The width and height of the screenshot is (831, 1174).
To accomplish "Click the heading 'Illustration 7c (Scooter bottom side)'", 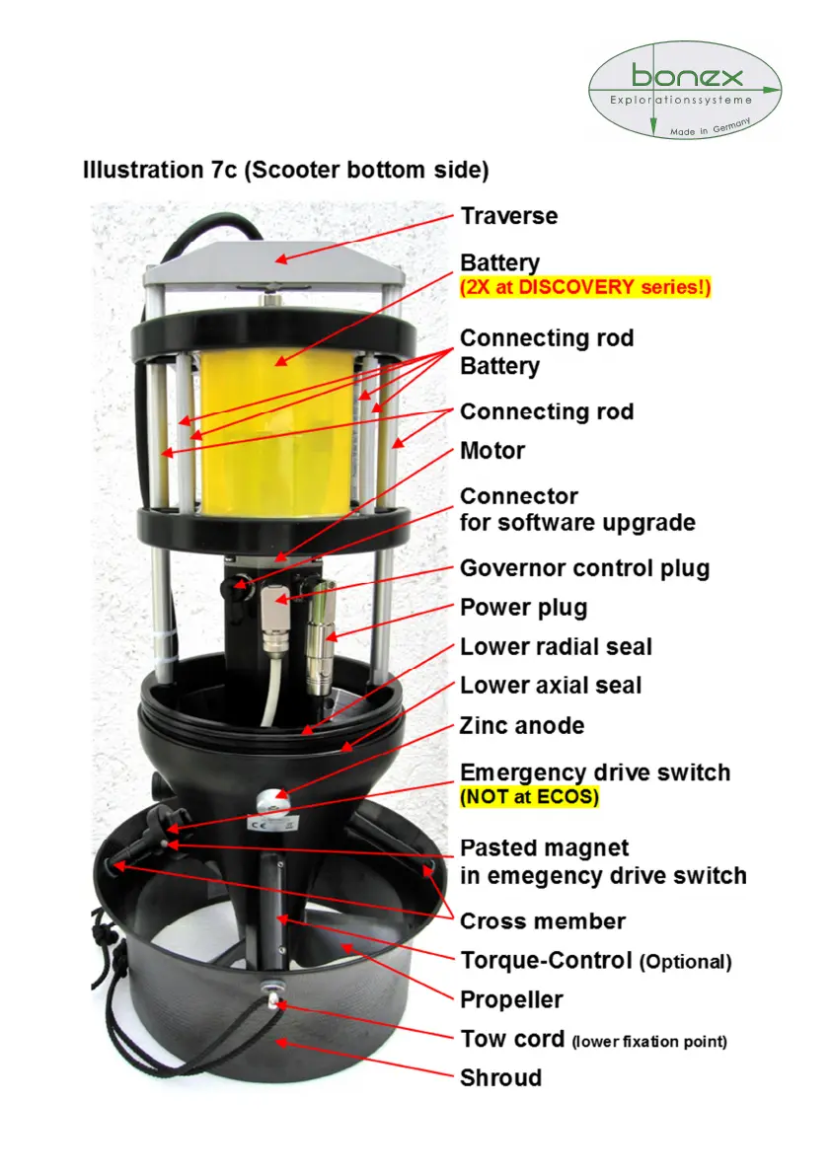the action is coord(285,170).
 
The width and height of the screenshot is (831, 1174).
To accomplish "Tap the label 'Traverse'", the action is coord(508,216).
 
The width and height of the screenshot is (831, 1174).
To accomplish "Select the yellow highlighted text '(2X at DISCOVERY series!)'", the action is coord(585,288).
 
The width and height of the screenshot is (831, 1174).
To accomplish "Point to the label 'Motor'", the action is coord(492,451).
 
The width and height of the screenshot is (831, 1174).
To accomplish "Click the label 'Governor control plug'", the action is coord(584,568).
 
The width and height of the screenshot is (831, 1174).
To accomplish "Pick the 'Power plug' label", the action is coord(523,608).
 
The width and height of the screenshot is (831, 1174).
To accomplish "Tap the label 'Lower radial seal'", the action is coord(556,647).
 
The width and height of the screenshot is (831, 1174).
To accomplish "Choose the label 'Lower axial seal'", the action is coord(551,686).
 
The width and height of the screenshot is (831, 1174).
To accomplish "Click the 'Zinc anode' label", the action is coord(522,726).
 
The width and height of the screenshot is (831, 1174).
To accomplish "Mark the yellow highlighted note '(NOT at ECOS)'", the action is coord(529,797).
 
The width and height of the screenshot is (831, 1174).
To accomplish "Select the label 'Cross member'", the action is coord(543,921).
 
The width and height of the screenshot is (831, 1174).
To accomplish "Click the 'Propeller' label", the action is coord(511,999).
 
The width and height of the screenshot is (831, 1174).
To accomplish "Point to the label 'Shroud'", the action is coord(500,1077).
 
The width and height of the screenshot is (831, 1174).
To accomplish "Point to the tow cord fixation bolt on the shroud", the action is coord(268,991).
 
